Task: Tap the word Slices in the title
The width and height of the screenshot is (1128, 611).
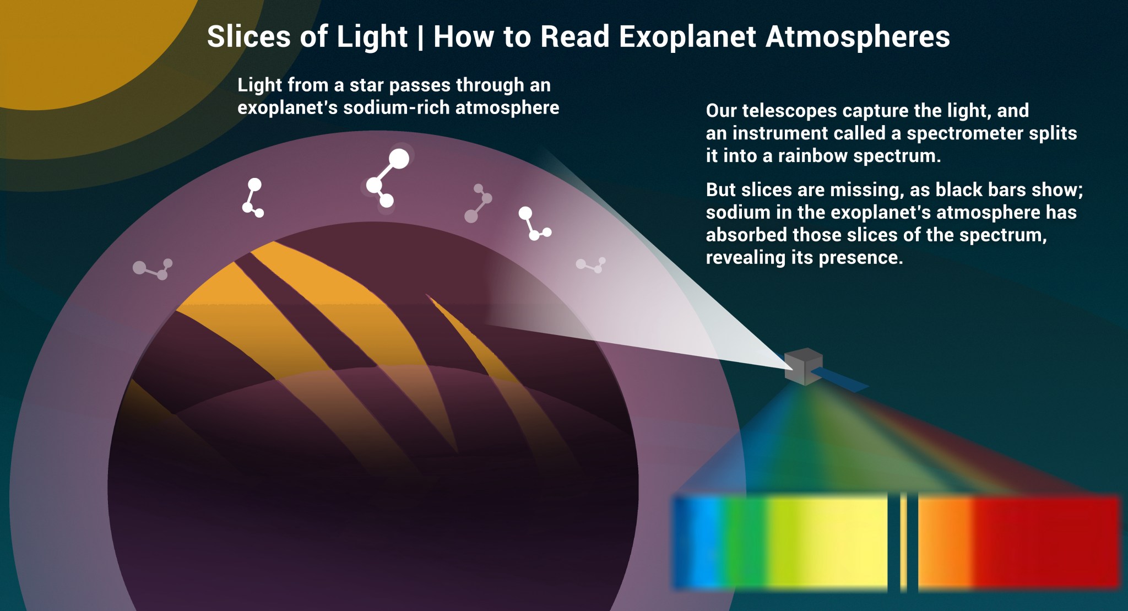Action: click(248, 37)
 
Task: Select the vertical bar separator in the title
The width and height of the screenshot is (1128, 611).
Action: click(421, 37)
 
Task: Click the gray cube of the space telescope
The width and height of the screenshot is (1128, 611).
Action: click(803, 366)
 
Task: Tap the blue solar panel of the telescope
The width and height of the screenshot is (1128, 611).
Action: click(840, 379)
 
